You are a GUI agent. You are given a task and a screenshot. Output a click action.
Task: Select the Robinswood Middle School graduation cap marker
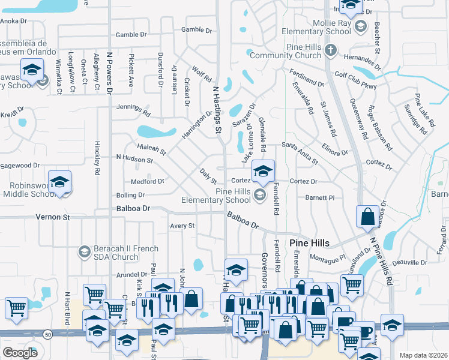click(x=60, y=181)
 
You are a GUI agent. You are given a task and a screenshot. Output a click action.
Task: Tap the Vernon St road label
click(x=53, y=217)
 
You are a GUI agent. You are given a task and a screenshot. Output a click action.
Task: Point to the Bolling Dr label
click(x=130, y=195)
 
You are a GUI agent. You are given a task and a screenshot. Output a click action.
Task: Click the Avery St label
click(x=182, y=226)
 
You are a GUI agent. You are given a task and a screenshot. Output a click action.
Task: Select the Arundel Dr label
click(x=131, y=275)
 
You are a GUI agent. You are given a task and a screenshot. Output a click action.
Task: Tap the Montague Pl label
click(x=328, y=257)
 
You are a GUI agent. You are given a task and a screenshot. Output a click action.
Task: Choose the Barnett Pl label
click(x=319, y=197)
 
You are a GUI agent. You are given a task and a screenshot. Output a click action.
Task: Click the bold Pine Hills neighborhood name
click(x=310, y=243)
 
